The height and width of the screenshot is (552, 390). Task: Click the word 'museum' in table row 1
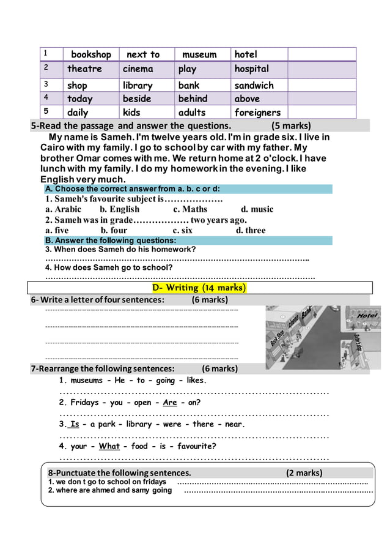coord(199,54)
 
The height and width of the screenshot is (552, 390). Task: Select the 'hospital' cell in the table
coord(251,69)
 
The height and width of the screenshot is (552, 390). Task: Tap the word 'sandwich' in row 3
coord(254,86)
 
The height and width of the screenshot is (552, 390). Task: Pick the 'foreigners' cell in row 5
coord(257,112)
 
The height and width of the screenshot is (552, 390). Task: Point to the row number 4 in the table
coord(45,97)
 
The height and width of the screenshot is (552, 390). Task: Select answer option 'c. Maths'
coord(190,209)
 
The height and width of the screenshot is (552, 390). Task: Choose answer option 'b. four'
coord(114,231)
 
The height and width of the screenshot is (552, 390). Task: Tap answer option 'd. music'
coord(257,209)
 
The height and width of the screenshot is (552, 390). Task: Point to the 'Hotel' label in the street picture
coord(367,316)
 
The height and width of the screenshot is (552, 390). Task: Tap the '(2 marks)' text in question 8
coord(304,472)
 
